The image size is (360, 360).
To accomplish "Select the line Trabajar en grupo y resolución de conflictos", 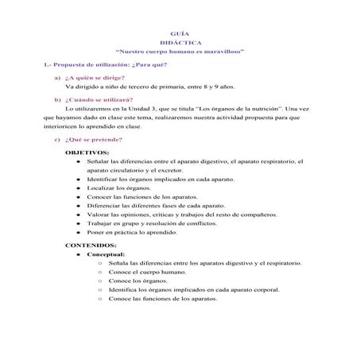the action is (151, 223).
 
